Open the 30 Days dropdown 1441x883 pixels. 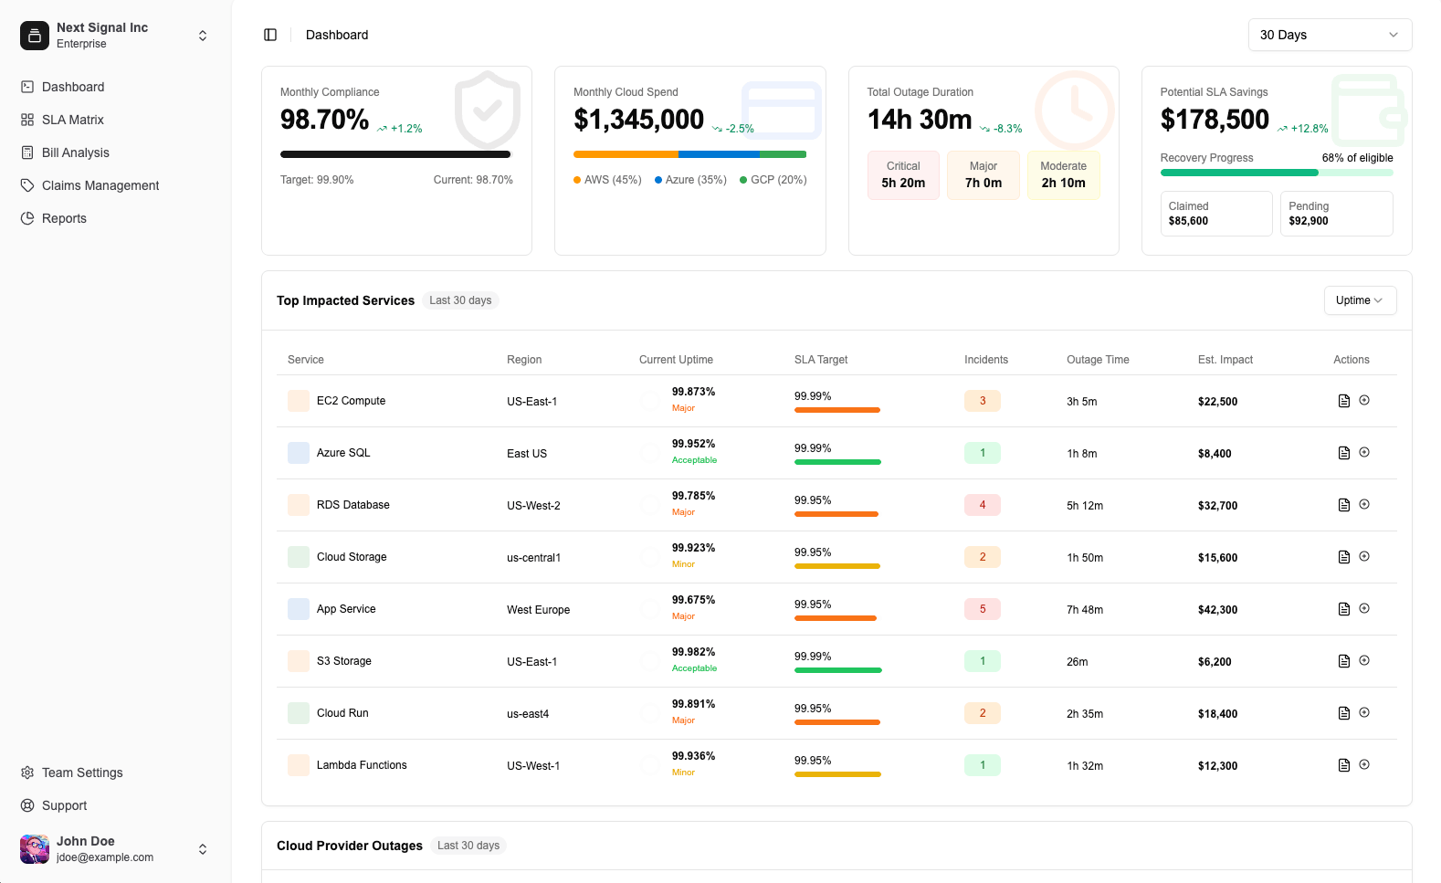[x=1329, y=35]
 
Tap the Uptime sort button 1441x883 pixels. [x=1360, y=300]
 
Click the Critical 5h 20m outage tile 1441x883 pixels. [x=903, y=175]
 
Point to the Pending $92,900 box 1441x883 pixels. [x=1336, y=214]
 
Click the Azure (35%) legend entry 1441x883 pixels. [x=691, y=180]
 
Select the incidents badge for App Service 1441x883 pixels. [x=982, y=609]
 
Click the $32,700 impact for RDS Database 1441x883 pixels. [x=1217, y=506]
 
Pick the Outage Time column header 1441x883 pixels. [x=1098, y=360]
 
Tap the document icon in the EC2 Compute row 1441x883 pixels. [x=1344, y=401]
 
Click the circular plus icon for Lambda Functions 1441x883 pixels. [x=1363, y=764]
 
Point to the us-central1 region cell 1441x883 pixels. [x=533, y=558]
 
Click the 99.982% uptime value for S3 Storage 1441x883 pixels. [x=693, y=651]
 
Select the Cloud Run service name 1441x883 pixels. [x=342, y=712]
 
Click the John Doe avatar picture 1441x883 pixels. [x=35, y=849]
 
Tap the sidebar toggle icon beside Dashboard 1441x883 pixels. [x=270, y=35]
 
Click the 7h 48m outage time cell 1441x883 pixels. [x=1085, y=610]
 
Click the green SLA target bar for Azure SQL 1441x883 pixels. [x=837, y=462]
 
